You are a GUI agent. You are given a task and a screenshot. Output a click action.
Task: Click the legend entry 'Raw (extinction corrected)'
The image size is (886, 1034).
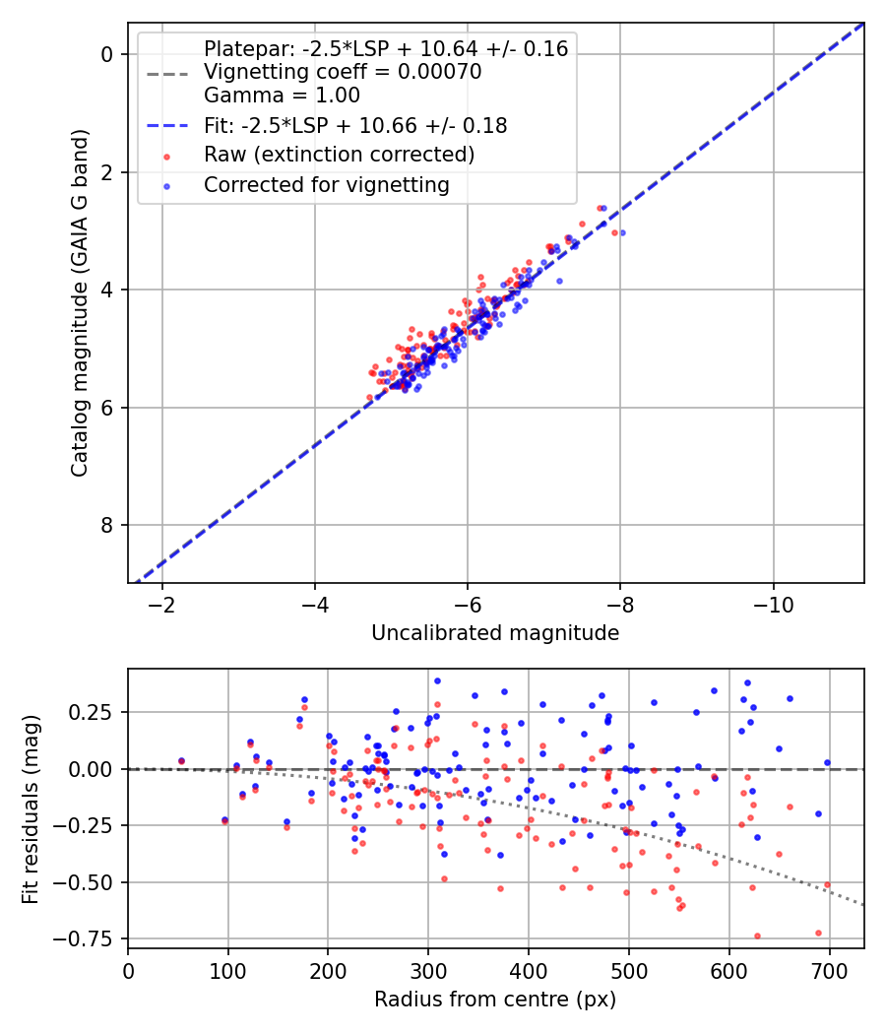(339, 155)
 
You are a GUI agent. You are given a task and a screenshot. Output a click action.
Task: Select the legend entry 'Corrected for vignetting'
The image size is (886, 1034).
(326, 184)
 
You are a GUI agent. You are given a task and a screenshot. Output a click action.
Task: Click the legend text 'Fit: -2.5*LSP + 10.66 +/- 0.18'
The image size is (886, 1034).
(355, 125)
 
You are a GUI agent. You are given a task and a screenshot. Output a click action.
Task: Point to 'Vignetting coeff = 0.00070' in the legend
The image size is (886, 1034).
(343, 72)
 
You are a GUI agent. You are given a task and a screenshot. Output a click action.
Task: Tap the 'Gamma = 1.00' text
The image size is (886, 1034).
(282, 96)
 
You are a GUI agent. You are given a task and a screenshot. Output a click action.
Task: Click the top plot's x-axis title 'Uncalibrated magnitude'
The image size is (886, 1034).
(495, 633)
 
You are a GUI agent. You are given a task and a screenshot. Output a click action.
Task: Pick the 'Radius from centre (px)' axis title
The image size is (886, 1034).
(495, 999)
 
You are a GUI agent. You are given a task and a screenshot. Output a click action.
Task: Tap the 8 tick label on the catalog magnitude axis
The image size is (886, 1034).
(108, 525)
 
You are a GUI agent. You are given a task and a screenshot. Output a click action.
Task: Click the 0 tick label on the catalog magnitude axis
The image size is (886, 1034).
(108, 54)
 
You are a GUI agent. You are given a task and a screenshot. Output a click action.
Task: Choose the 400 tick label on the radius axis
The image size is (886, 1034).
(529, 970)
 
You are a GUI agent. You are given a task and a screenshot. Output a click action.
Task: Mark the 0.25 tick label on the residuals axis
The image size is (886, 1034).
(95, 712)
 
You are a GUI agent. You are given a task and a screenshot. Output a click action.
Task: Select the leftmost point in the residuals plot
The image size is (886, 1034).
(181, 760)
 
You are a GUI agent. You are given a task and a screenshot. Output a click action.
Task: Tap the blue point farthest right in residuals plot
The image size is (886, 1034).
(827, 762)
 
